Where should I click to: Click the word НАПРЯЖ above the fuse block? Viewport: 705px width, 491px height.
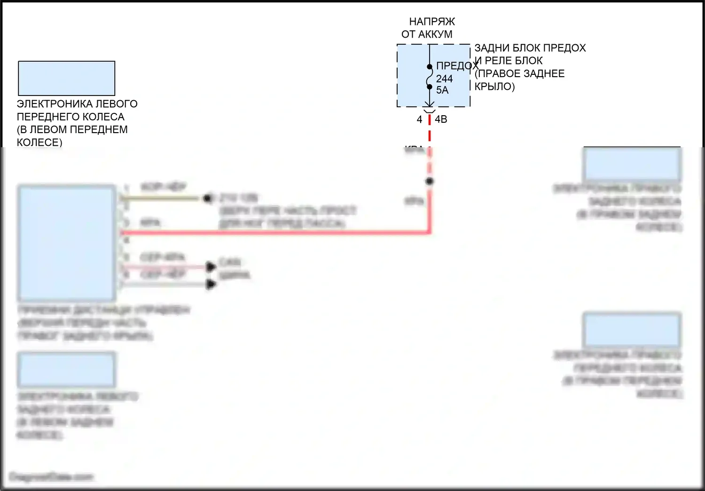click(431, 22)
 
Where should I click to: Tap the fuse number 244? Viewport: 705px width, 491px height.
click(444, 79)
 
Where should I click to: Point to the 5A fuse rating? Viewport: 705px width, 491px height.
click(442, 90)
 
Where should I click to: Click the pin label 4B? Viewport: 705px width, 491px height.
click(441, 119)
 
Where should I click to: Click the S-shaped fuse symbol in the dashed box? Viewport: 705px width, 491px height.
click(430, 77)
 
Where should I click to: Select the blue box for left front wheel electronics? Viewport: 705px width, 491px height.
click(67, 78)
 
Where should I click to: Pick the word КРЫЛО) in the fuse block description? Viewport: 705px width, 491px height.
click(494, 87)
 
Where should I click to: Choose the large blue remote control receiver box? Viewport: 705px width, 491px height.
click(67, 243)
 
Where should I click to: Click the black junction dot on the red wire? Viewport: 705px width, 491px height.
click(429, 181)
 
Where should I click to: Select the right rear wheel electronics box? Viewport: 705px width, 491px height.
click(632, 164)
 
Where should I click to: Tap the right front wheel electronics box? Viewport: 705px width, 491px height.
click(632, 330)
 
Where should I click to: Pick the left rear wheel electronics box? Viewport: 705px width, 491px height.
click(67, 370)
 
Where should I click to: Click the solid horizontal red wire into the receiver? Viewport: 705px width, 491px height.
click(273, 232)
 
